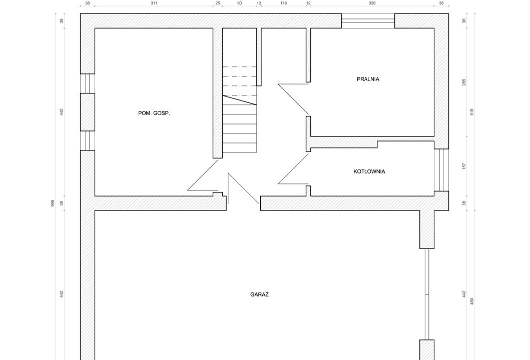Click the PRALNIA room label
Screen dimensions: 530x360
pos(368,79)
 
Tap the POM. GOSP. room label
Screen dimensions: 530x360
pos(154,113)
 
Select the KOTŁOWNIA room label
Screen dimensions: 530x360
pos(369,171)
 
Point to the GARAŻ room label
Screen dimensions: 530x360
pos(259,294)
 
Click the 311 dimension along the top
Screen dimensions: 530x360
pos(154,3)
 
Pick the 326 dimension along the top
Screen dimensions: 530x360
pos(372,3)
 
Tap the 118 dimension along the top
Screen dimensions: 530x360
pos(284,3)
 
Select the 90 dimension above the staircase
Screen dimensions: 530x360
pos(239,3)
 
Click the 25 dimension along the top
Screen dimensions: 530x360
pos(218,3)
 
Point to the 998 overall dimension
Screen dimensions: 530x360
pos(53,203)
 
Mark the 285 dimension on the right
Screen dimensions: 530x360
pos(464,82)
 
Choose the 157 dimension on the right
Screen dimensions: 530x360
pos(464,166)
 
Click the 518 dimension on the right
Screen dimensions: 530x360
pos(472,112)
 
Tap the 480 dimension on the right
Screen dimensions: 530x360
pos(472,301)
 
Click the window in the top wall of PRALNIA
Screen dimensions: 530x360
pos(368,20)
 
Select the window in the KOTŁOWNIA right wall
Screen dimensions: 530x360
pos(441,170)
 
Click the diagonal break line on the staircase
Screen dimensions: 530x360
pos(239,100)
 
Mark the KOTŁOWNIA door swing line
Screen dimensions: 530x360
pos(293,168)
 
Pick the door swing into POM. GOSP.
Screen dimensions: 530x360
pos(203,175)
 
